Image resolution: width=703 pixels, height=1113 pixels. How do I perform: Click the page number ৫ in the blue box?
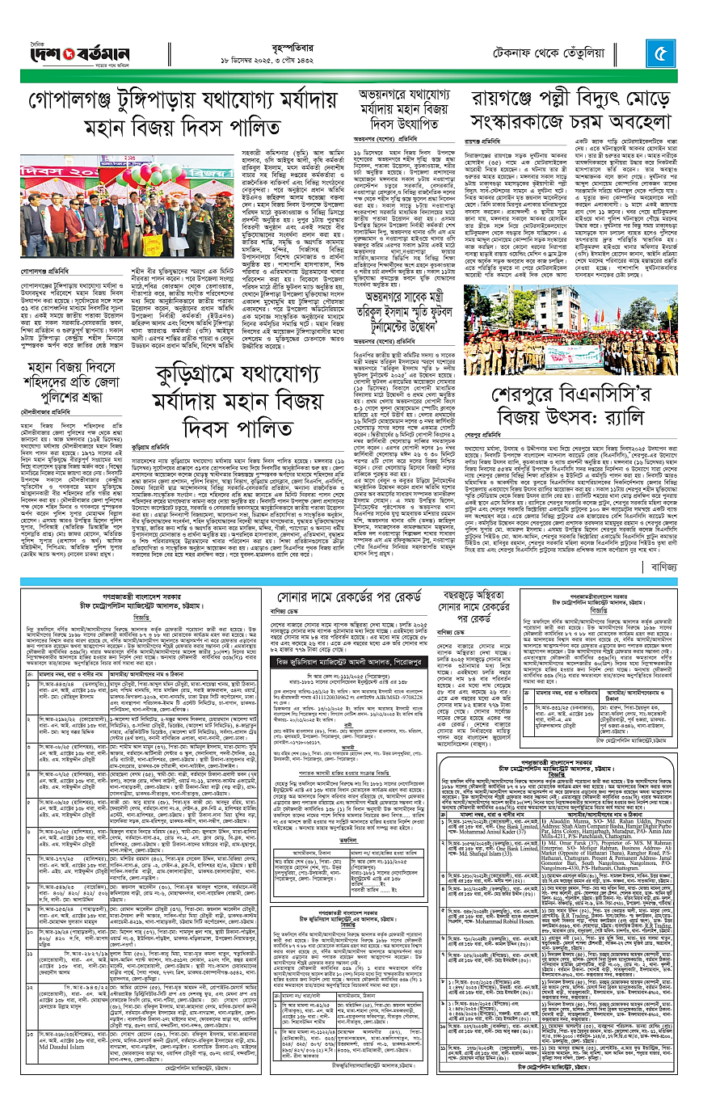pos(660,57)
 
